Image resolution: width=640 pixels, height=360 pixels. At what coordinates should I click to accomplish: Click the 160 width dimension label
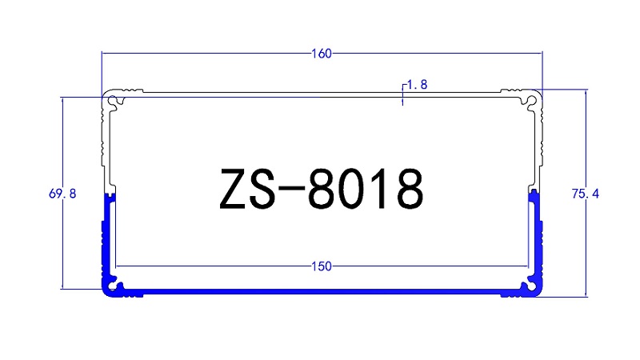322,54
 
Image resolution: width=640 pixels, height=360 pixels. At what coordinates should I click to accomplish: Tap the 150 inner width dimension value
322,266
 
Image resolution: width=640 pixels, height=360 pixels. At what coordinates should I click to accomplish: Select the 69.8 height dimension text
62,194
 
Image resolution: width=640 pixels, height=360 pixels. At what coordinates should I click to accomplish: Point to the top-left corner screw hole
118,100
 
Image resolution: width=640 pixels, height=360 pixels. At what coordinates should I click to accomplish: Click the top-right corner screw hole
529,100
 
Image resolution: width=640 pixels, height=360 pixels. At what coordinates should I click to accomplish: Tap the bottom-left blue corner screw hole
117,286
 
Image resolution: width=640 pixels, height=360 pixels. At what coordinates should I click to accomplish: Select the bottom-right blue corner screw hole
529,286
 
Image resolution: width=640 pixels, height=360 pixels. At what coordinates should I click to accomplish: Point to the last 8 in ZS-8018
408,190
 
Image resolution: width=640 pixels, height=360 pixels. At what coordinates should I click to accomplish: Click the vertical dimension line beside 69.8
63,240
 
